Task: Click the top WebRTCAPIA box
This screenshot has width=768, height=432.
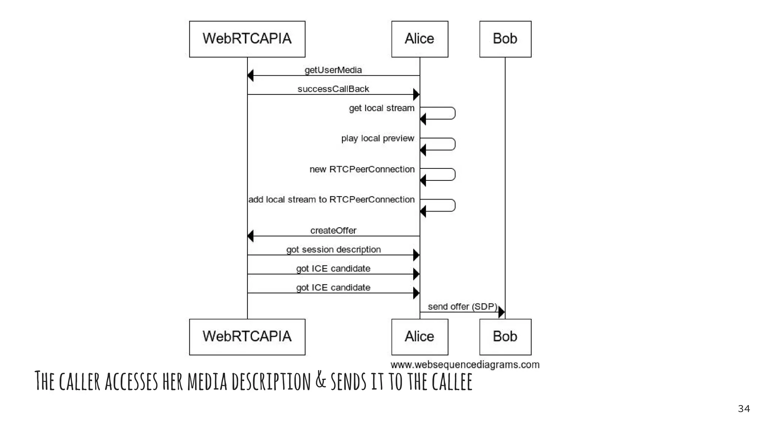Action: click(x=247, y=39)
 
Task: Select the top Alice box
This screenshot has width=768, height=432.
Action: click(x=420, y=39)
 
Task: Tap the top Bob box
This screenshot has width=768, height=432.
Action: click(x=505, y=39)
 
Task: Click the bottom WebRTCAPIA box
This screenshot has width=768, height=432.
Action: click(x=247, y=337)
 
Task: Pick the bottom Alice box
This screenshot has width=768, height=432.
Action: click(x=420, y=337)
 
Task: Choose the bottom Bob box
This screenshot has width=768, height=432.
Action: click(x=505, y=337)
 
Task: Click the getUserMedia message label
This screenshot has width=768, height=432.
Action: click(x=333, y=70)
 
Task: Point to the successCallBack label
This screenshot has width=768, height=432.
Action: click(x=333, y=89)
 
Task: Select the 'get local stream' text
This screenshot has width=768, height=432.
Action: click(x=381, y=108)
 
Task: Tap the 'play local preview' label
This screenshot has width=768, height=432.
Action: click(x=377, y=138)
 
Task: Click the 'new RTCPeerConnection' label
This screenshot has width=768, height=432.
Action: click(x=362, y=169)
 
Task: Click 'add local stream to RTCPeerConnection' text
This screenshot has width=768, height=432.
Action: click(x=331, y=199)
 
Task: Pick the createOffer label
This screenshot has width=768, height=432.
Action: click(x=333, y=230)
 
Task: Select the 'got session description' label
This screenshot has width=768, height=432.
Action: click(x=333, y=249)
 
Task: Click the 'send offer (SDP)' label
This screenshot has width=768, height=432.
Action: click(x=462, y=306)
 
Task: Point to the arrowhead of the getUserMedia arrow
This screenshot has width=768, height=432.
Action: click(x=250, y=75)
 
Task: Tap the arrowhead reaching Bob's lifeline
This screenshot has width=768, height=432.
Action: click(x=501, y=312)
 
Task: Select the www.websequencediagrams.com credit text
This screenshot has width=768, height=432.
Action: click(x=465, y=364)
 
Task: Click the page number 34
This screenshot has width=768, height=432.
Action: click(x=744, y=409)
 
